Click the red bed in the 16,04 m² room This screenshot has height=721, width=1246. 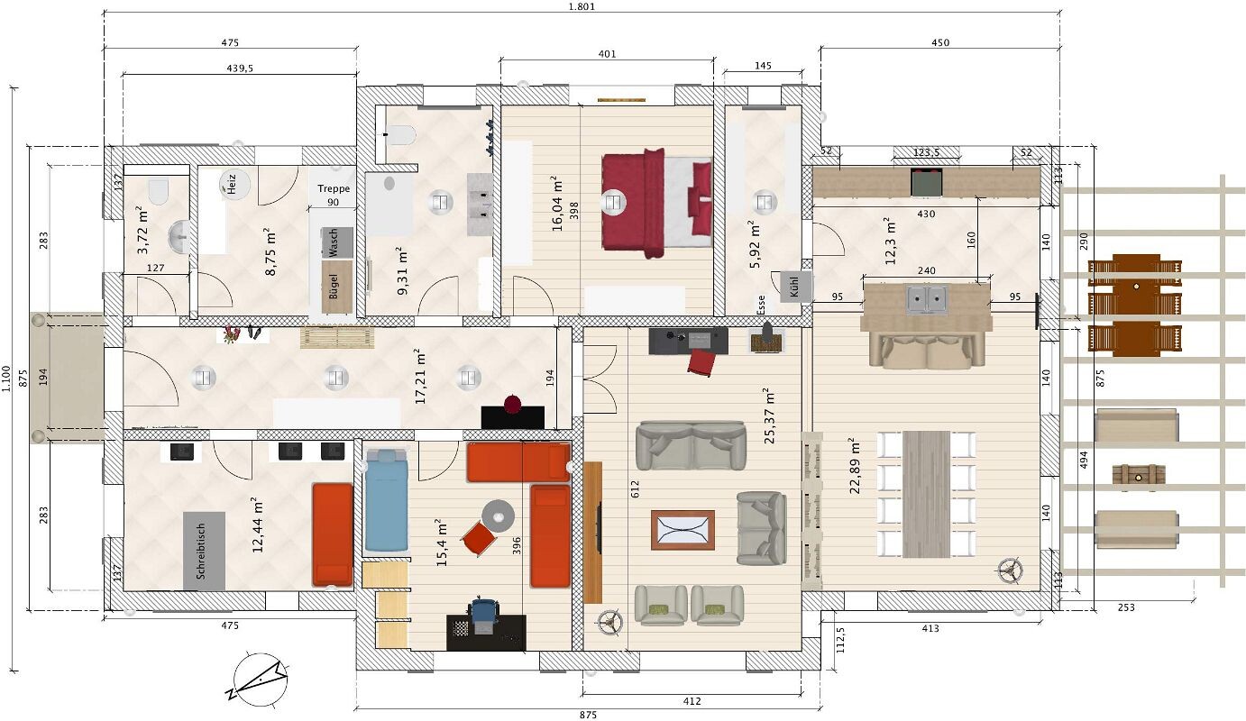coord(656,203)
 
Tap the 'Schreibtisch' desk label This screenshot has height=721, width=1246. coord(201,551)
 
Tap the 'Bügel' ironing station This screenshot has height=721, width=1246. coord(337,287)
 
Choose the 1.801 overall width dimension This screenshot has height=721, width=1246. coord(582,7)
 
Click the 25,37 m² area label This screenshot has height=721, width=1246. coord(770,415)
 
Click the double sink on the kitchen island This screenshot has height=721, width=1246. coord(927,299)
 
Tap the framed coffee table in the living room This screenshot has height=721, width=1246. coord(683,530)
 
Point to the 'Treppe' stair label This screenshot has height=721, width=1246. coord(334,188)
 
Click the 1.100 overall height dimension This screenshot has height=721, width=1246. coord(6,379)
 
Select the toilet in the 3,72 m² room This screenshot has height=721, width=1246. coord(159,191)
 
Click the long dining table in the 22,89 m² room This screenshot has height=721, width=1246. coord(926,494)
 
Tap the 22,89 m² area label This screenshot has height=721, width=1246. coord(855,466)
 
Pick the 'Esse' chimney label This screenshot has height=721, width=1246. coord(761,306)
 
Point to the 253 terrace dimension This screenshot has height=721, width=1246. coord(1126,607)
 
